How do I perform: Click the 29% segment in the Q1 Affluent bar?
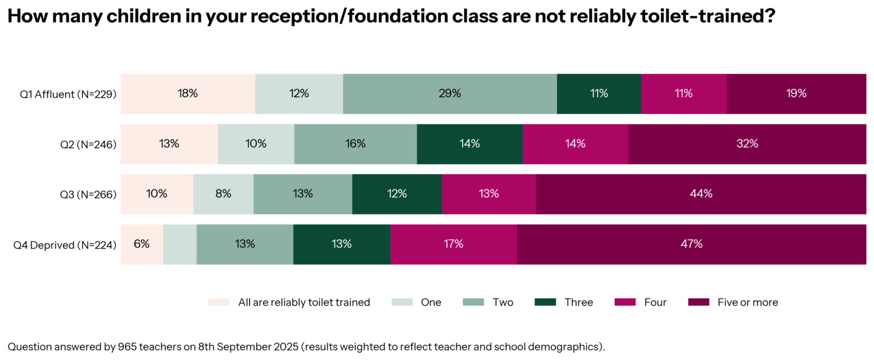450,93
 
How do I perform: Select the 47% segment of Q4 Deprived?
691,244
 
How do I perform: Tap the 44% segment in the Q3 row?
701,194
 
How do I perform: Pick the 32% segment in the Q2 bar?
747,144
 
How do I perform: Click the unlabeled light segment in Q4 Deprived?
180,244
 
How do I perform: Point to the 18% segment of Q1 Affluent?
188,93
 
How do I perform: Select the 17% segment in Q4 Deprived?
453,244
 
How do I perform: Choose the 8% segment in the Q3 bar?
223,194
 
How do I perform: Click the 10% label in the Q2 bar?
256,144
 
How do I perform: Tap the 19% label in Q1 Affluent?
796,93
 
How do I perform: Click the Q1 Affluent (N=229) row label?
68,94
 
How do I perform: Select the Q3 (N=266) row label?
88,194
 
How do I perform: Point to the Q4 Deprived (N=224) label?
65,245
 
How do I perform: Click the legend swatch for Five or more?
699,302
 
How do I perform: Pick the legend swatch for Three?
545,302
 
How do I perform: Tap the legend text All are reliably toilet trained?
304,302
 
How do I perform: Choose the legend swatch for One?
402,302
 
